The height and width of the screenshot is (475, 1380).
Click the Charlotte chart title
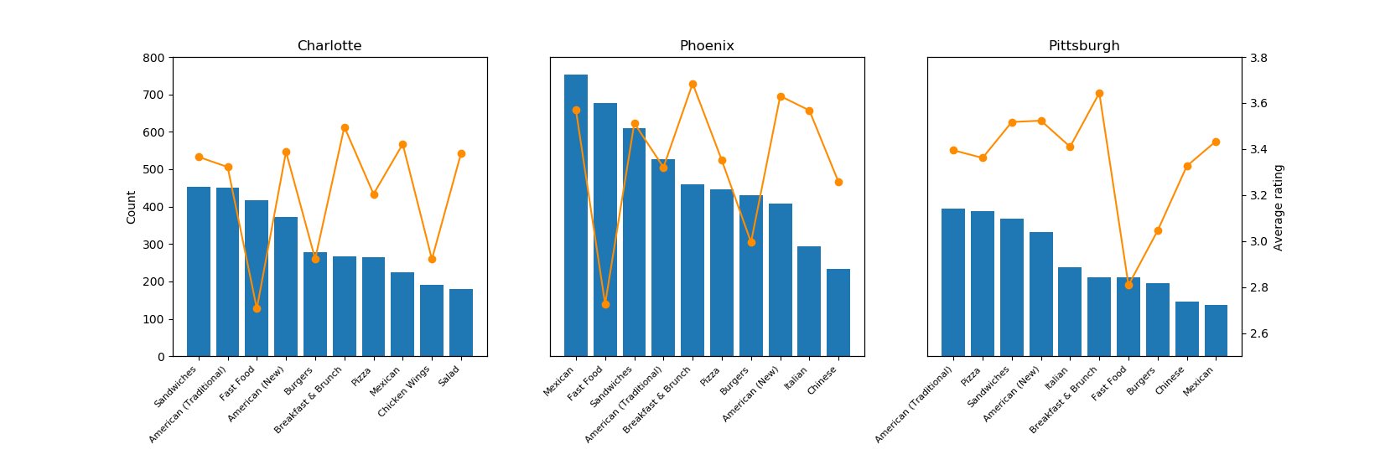[329, 46]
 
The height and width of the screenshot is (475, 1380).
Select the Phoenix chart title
[707, 46]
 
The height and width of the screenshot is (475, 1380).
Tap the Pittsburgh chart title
[1084, 46]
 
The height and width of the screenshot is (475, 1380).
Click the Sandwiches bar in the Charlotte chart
[199, 271]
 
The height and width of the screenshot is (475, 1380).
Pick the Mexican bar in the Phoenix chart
[576, 215]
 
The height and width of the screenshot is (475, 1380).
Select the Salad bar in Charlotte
[461, 323]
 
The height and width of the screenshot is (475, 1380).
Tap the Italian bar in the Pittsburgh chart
[1070, 312]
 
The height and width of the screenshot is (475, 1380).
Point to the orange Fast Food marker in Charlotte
[257, 308]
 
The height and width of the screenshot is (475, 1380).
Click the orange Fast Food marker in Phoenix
[605, 304]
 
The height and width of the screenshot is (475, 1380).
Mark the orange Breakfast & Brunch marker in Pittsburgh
[1099, 93]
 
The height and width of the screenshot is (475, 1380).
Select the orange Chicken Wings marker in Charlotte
[432, 259]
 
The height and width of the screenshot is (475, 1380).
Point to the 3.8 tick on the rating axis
[1259, 58]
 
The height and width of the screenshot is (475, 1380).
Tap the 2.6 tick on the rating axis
[1259, 333]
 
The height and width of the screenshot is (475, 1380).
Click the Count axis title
[132, 207]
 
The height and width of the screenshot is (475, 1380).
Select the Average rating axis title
[1279, 207]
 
